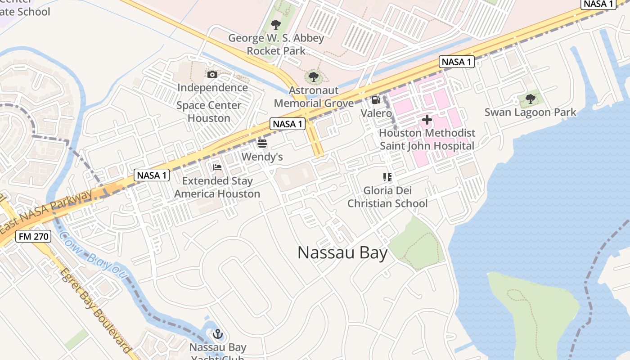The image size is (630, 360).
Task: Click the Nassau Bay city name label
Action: tap(342, 253)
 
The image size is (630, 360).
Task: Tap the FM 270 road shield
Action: tap(33, 236)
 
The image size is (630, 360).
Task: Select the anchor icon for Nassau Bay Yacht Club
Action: tap(218, 334)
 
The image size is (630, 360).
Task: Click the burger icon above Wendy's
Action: tap(262, 144)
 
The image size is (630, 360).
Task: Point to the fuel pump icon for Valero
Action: tap(376, 100)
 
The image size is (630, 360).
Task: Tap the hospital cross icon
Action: tap(427, 120)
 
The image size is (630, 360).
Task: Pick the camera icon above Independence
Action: tap(212, 74)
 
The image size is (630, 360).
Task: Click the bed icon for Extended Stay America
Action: tap(217, 167)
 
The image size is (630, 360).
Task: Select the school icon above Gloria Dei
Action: tap(387, 177)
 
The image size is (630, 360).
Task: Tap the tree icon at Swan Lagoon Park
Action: tap(531, 99)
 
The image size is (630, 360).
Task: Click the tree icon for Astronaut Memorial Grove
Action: tap(314, 77)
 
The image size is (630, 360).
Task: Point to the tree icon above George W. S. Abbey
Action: tap(276, 25)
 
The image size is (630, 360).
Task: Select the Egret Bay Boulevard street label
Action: tap(95, 310)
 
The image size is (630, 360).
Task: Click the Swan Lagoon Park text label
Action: tap(530, 112)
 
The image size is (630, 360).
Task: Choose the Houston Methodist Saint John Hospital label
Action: tap(427, 139)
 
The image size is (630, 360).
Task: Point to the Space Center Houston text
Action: tap(209, 112)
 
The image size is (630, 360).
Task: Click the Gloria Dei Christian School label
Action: tap(387, 197)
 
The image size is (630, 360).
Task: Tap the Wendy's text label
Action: tap(262, 157)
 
